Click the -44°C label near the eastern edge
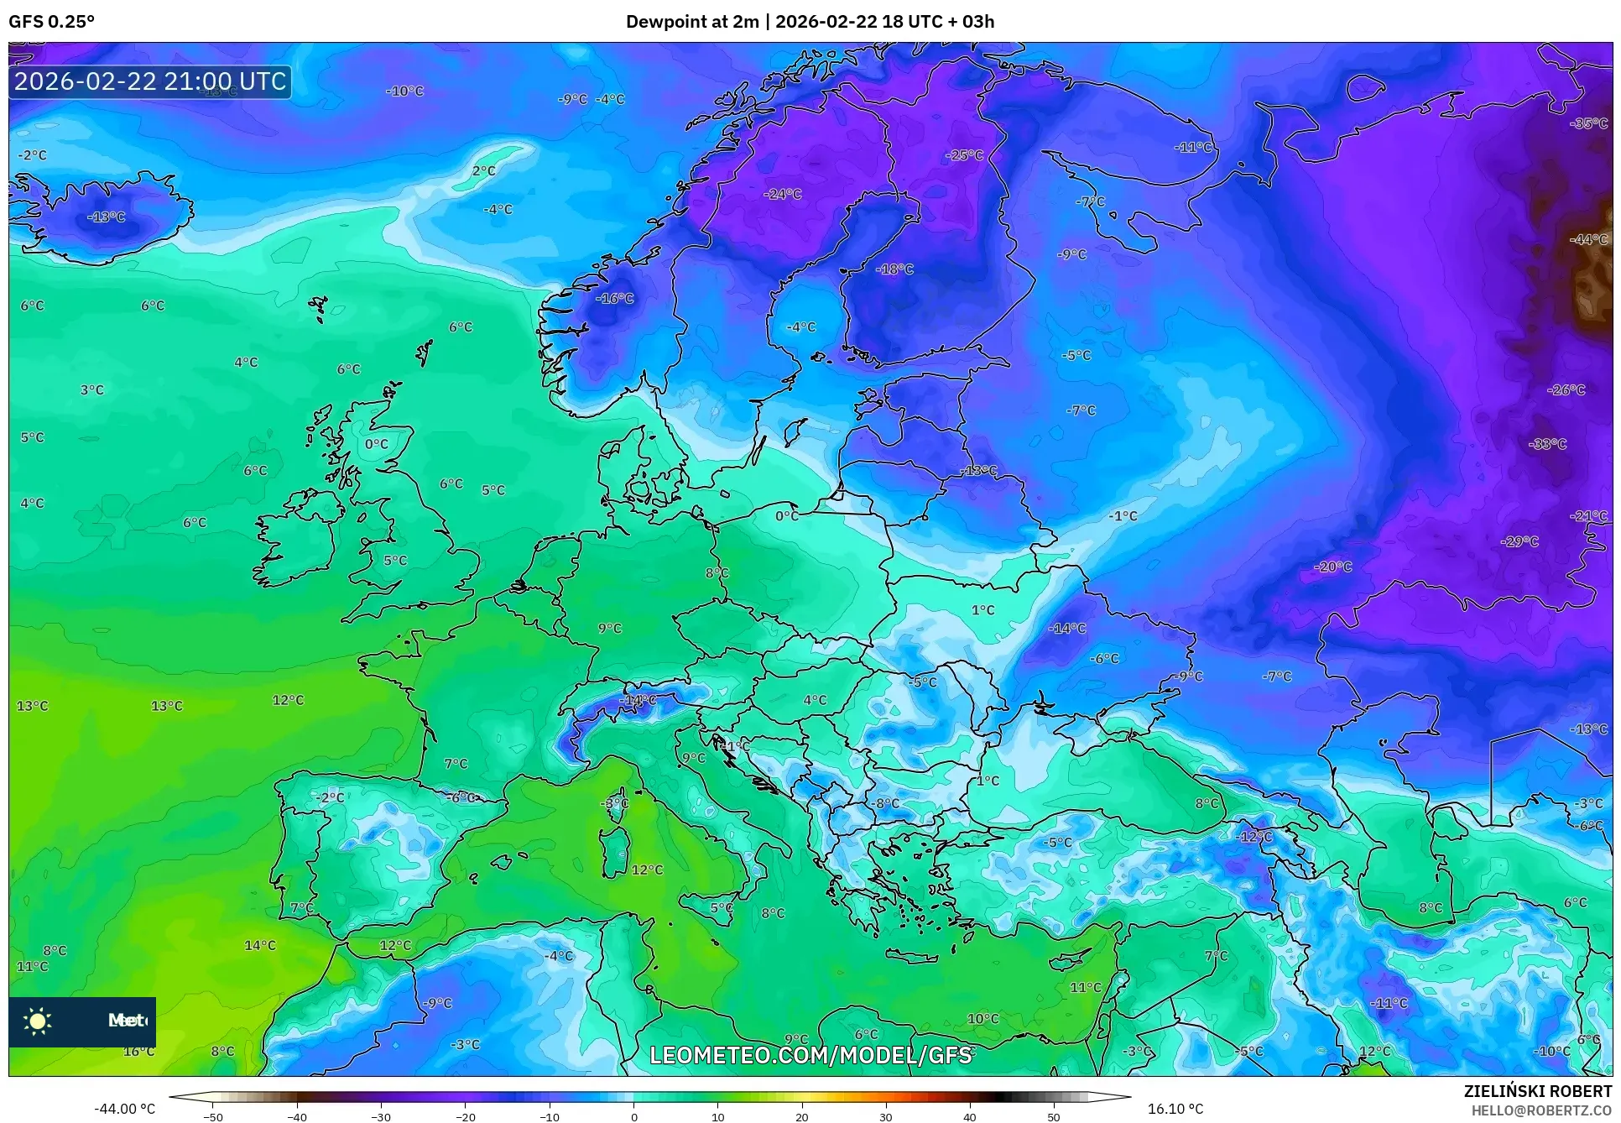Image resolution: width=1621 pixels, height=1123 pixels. tap(1589, 239)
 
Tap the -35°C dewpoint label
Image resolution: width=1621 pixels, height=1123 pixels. tap(1589, 123)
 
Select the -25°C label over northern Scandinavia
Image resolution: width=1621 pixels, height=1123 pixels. tap(964, 155)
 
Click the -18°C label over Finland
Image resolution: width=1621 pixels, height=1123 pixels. tap(894, 269)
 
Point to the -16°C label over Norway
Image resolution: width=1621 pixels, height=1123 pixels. tap(615, 299)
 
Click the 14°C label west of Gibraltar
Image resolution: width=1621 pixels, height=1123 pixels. tap(260, 946)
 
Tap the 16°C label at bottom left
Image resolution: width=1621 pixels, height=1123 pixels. tap(138, 1052)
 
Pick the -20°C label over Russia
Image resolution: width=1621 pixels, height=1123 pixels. tap(1333, 567)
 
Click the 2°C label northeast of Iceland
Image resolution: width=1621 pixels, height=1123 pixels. tap(484, 171)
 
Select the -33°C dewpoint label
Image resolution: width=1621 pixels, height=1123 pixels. tap(1548, 444)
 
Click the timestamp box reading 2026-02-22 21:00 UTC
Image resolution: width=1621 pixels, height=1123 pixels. tap(150, 81)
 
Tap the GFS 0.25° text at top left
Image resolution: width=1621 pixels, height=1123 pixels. tap(51, 22)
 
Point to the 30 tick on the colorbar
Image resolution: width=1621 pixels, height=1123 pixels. tap(886, 1117)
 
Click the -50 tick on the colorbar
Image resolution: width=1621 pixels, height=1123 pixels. tap(213, 1117)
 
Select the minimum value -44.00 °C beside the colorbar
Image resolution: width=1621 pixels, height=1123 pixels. tap(125, 1109)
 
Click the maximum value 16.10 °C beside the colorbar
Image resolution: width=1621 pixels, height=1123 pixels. tap(1175, 1109)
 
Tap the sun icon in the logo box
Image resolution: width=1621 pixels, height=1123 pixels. tap(38, 1021)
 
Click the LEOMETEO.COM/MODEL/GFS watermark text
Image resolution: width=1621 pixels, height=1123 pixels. tap(810, 1055)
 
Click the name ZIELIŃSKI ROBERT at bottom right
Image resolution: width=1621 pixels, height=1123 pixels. tap(1538, 1092)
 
